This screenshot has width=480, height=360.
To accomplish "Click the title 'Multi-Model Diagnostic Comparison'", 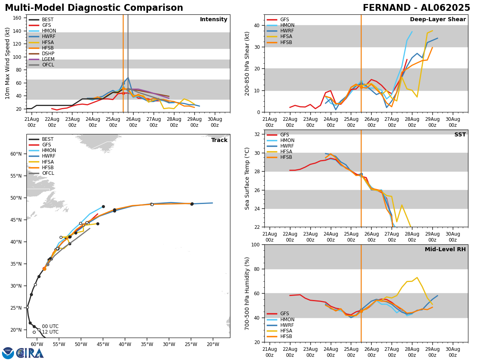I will [x=94, y=8].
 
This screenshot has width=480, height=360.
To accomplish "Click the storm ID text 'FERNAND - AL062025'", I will [x=416, y=8].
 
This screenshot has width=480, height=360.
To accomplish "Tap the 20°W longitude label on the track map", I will [x=213, y=344].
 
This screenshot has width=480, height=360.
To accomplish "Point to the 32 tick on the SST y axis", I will [x=258, y=134].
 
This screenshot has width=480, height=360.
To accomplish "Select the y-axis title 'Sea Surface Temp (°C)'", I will [x=247, y=178].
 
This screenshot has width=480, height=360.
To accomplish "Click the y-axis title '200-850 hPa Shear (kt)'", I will [x=247, y=63].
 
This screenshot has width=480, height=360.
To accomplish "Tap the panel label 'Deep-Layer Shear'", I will [x=438, y=20].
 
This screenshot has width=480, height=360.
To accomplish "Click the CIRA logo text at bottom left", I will [x=30, y=353].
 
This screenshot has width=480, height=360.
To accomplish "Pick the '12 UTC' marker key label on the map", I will [x=50, y=332].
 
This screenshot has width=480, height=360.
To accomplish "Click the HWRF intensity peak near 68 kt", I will [x=128, y=78].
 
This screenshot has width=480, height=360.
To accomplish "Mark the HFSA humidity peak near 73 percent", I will [x=417, y=278].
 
